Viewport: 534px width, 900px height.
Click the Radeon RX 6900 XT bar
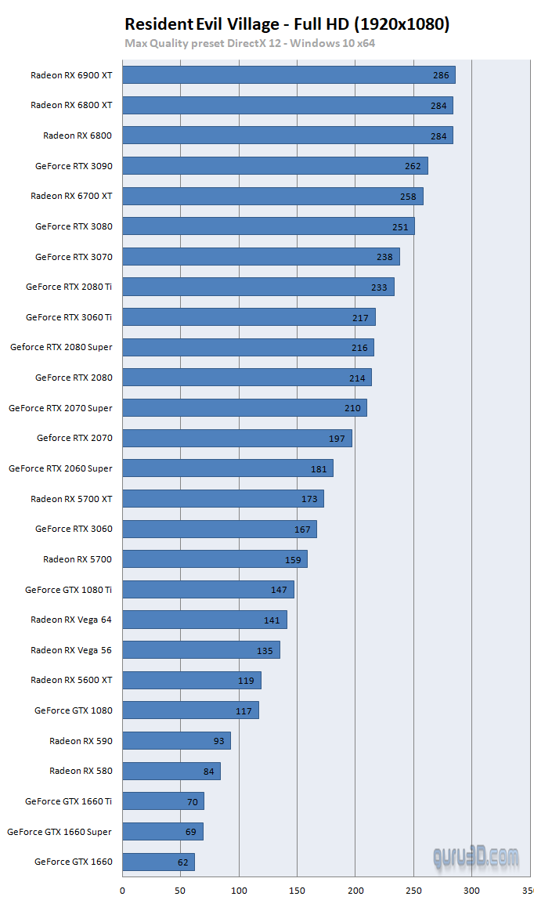[x=289, y=75]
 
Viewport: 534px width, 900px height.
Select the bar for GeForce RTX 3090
[x=276, y=166]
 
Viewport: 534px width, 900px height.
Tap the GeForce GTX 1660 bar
[x=159, y=862]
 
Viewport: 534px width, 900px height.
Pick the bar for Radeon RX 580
[x=171, y=772]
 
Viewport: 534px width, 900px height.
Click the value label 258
[x=408, y=197]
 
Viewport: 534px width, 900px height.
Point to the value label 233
[x=379, y=287]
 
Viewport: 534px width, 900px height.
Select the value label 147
[x=279, y=590]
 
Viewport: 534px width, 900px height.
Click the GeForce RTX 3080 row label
[x=74, y=226]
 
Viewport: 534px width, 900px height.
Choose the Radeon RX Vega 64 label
[x=71, y=620]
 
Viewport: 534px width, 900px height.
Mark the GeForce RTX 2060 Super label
[x=60, y=468]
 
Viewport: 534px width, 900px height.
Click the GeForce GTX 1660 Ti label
[x=68, y=801]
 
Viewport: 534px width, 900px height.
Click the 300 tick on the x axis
[x=471, y=890]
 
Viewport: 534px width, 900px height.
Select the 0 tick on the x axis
[x=122, y=890]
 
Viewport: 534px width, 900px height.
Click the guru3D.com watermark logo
[x=475, y=856]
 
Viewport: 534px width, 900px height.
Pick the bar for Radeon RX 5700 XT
[x=223, y=499]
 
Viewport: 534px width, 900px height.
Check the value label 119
[x=246, y=681]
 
